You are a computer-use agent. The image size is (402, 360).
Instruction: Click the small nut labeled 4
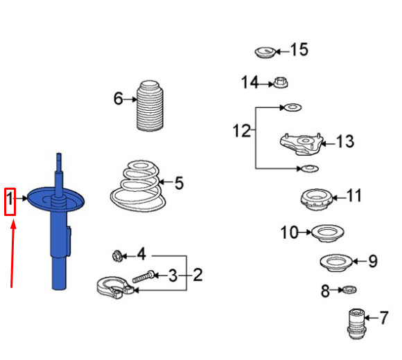(118, 255)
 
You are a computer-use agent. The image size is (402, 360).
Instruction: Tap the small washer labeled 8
(349, 289)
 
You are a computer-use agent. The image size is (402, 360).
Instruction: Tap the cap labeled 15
(264, 52)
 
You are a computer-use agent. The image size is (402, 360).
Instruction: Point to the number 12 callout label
(241, 131)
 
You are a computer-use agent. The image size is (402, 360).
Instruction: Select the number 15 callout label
(299, 51)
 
